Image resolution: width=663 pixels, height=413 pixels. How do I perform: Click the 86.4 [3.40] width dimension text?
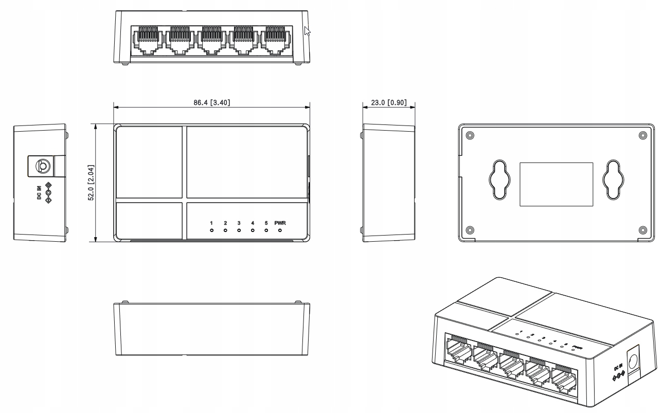coord(211,102)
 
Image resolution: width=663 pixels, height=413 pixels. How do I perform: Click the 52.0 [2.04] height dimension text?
coord(91,183)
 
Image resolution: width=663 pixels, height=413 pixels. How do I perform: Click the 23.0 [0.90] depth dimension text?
coord(388,102)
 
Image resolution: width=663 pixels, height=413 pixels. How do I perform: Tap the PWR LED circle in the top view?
coord(280,230)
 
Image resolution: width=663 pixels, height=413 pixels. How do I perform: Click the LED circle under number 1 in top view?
coord(211,230)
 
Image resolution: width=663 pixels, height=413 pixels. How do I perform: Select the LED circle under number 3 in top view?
coord(239,230)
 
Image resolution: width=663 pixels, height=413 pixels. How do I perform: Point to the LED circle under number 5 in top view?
coord(266,230)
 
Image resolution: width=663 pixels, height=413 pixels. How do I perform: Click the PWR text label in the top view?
coord(280,223)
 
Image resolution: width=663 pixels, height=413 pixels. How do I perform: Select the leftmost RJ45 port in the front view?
coord(148,40)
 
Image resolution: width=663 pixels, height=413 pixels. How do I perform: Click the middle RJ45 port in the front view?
coord(211,40)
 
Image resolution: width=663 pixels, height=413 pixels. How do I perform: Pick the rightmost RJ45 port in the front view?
coord(275,40)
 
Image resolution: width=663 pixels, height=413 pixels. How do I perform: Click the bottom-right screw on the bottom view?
coord(642,229)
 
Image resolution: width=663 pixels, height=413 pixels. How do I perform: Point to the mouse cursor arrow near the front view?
coord(307,30)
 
